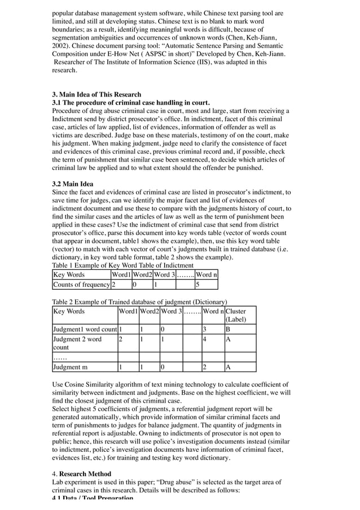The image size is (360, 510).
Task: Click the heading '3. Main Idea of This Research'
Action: tap(96, 94)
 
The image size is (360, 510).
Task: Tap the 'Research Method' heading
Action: tap(85, 473)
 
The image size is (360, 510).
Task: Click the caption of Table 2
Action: tap(139, 302)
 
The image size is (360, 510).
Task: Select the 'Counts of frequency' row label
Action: tap(81, 284)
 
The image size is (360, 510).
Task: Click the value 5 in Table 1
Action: tap(197, 284)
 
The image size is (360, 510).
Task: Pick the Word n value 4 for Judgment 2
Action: tap(205, 339)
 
